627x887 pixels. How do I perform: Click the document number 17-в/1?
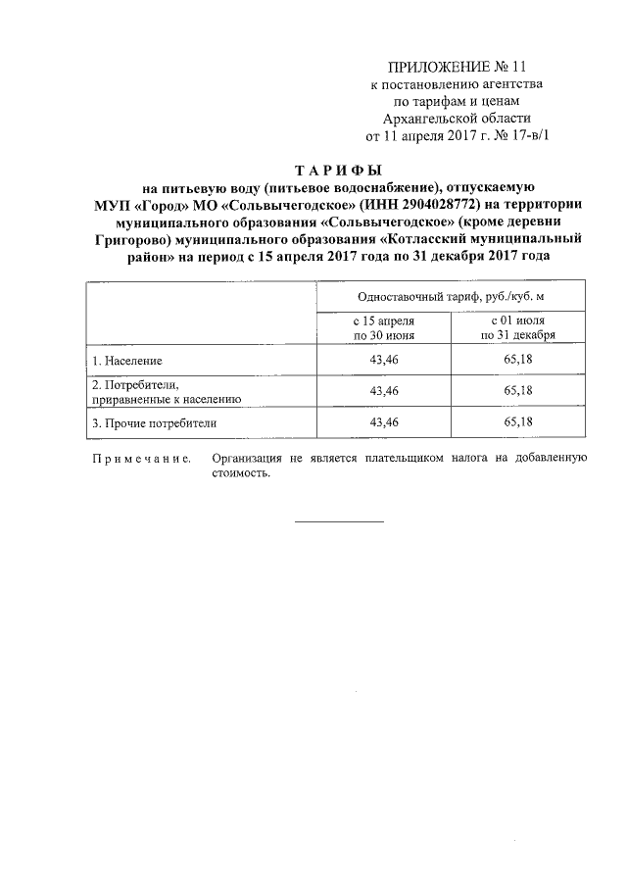(x=530, y=137)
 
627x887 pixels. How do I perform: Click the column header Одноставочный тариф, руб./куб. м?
(x=451, y=296)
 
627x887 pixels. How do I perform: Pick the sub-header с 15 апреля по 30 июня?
(x=384, y=327)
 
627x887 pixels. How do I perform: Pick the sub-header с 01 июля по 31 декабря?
(x=518, y=327)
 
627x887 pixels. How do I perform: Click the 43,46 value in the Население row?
(x=384, y=360)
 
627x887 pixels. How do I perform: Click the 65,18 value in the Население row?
(x=518, y=360)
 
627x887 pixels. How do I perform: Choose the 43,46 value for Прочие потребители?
(x=384, y=422)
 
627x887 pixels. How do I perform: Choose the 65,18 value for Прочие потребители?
(x=518, y=422)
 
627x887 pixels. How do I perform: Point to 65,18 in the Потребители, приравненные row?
(x=518, y=391)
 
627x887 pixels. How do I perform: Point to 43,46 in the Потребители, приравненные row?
(x=384, y=391)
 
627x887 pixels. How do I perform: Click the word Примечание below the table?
(x=140, y=458)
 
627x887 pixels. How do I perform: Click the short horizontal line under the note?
(x=340, y=520)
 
